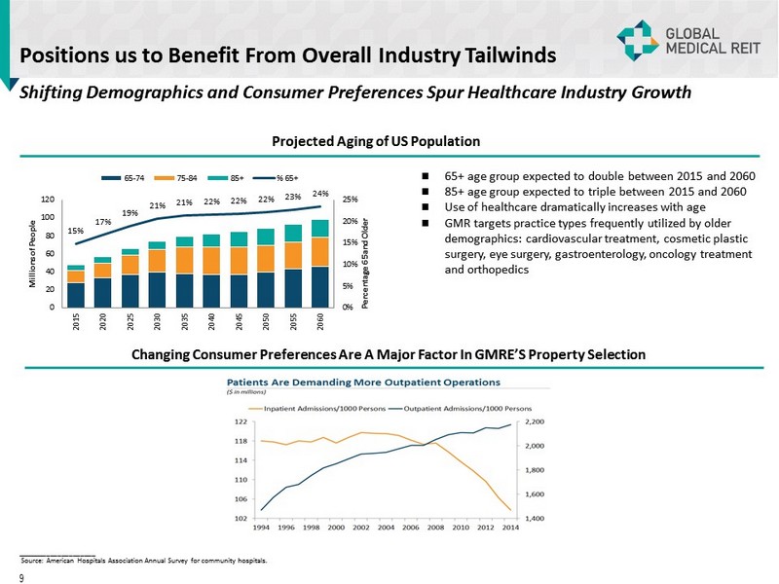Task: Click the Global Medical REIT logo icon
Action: click(637, 40)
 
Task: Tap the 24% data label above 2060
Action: click(320, 193)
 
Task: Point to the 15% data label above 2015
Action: click(75, 231)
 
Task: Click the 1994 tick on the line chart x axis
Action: click(262, 528)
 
